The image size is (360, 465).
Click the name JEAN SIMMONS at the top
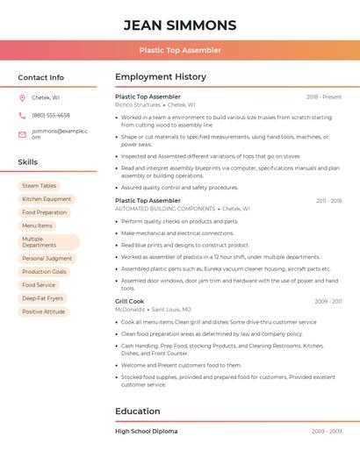pyautogui.click(x=180, y=25)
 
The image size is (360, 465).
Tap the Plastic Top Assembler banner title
pyautogui.click(x=180, y=50)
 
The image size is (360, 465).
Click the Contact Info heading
pyautogui.click(x=40, y=77)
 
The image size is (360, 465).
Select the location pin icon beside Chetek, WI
pyautogui.click(x=22, y=97)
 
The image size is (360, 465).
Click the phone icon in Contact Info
pyautogui.click(x=22, y=115)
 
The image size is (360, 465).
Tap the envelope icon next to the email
pyautogui.click(x=22, y=134)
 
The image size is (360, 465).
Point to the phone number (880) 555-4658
pyautogui.click(x=51, y=115)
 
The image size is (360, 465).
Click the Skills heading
pyautogui.click(x=27, y=162)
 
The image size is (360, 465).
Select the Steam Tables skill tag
pyautogui.click(x=39, y=186)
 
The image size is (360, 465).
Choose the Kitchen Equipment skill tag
pyautogui.click(x=47, y=199)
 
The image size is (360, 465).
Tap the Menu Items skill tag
pyautogui.click(x=37, y=225)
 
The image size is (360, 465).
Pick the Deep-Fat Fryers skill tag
pyautogui.click(x=42, y=298)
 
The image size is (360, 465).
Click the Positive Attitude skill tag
pyautogui.click(x=43, y=311)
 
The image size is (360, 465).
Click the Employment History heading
pyautogui.click(x=161, y=77)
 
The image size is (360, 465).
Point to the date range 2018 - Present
pyautogui.click(x=324, y=97)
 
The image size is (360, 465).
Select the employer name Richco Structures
pyautogui.click(x=138, y=104)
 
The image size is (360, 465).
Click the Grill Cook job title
pyautogui.click(x=130, y=301)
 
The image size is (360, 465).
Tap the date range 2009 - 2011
pyautogui.click(x=328, y=301)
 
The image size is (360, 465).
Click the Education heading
pyautogui.click(x=138, y=411)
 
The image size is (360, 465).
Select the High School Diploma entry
pyautogui.click(x=146, y=431)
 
